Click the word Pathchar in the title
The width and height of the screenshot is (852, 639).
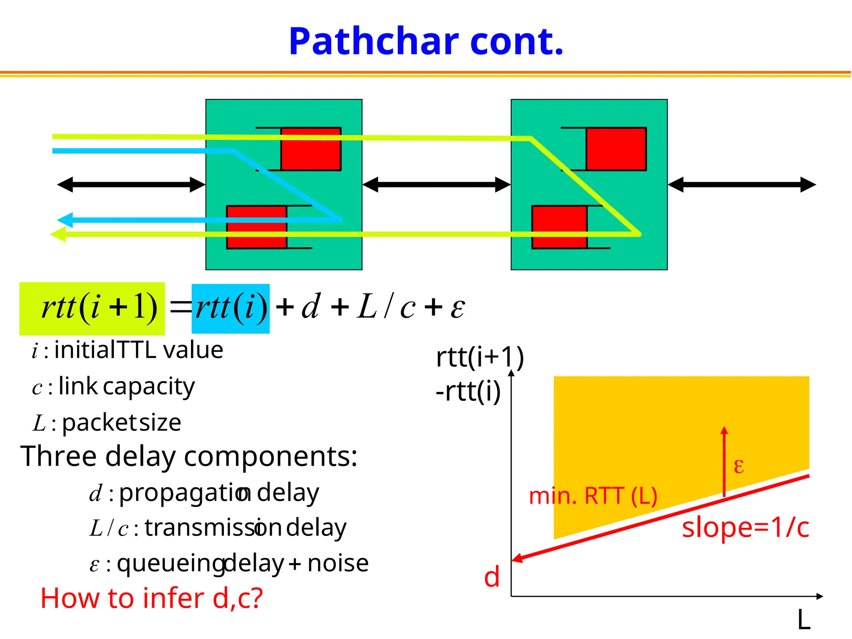pyautogui.click(x=374, y=42)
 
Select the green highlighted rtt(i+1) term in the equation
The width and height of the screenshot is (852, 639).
pyautogui.click(x=92, y=309)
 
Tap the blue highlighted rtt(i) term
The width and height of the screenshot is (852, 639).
pyautogui.click(x=230, y=309)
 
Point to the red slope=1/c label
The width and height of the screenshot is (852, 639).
pyautogui.click(x=745, y=528)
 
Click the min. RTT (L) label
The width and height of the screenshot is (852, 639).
pyautogui.click(x=592, y=496)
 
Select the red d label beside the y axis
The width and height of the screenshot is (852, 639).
pyautogui.click(x=492, y=577)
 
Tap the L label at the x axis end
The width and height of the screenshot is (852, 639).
pyautogui.click(x=804, y=620)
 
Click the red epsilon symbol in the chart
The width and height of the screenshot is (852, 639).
pyautogui.click(x=739, y=466)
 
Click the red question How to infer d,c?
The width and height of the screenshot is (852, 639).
pyautogui.click(x=152, y=598)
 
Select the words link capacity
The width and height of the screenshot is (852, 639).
pyautogui.click(x=126, y=387)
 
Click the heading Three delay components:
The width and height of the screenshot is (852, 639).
pyautogui.click(x=189, y=456)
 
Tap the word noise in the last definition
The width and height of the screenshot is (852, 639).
pyautogui.click(x=338, y=563)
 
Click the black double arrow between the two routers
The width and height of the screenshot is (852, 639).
pyautogui.click(x=436, y=185)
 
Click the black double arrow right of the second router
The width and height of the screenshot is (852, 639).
pyautogui.click(x=742, y=185)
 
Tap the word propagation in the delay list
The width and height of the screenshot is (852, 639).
pyautogui.click(x=185, y=493)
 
